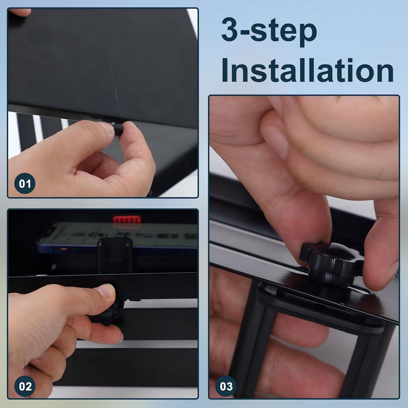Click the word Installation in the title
point(308,70)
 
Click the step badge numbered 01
point(25,184)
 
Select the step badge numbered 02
point(25,386)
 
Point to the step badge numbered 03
point(226,386)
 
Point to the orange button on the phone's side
point(64,249)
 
